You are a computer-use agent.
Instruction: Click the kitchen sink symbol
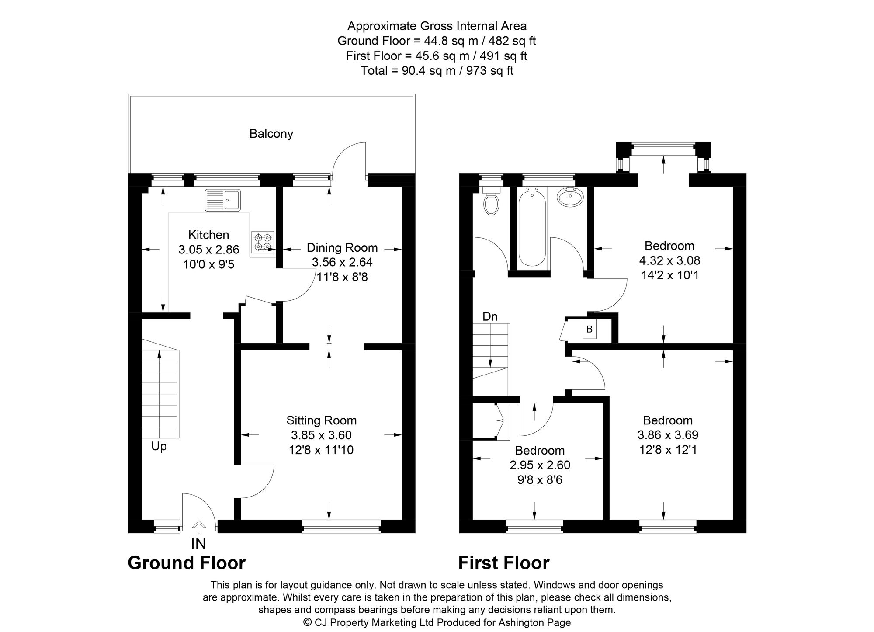tap(222, 200)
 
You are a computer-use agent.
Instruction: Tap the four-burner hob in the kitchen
tap(263, 242)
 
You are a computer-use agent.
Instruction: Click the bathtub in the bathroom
tap(531, 227)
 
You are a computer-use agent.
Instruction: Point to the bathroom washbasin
tap(570, 197)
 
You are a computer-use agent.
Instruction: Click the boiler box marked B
tap(590, 329)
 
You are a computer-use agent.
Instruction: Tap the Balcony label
tap(271, 134)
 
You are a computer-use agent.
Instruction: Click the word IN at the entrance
tap(198, 543)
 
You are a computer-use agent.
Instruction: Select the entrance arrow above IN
tap(199, 527)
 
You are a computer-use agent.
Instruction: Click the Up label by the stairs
tap(159, 447)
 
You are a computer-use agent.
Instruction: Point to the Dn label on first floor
tap(490, 316)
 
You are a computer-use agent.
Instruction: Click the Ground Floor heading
tap(187, 563)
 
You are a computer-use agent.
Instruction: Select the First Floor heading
tap(503, 563)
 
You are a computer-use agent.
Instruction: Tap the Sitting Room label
tap(321, 420)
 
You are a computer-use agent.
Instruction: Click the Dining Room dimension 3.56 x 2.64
tap(342, 262)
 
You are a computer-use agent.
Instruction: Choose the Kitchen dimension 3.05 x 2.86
tap(209, 250)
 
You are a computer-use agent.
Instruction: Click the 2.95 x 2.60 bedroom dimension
tap(540, 465)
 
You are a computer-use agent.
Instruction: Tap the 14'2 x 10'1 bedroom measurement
tap(669, 275)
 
